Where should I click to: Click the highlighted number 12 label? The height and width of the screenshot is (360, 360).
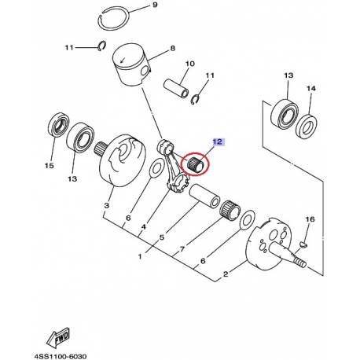click(x=217, y=142)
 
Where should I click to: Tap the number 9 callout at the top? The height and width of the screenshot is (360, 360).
click(x=154, y=6)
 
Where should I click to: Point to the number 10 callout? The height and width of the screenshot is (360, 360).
click(x=189, y=63)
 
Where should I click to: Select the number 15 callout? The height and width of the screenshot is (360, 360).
click(x=48, y=166)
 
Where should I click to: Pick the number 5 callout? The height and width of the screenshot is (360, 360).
click(x=161, y=237)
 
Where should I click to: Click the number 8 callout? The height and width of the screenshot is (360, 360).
click(x=173, y=50)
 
